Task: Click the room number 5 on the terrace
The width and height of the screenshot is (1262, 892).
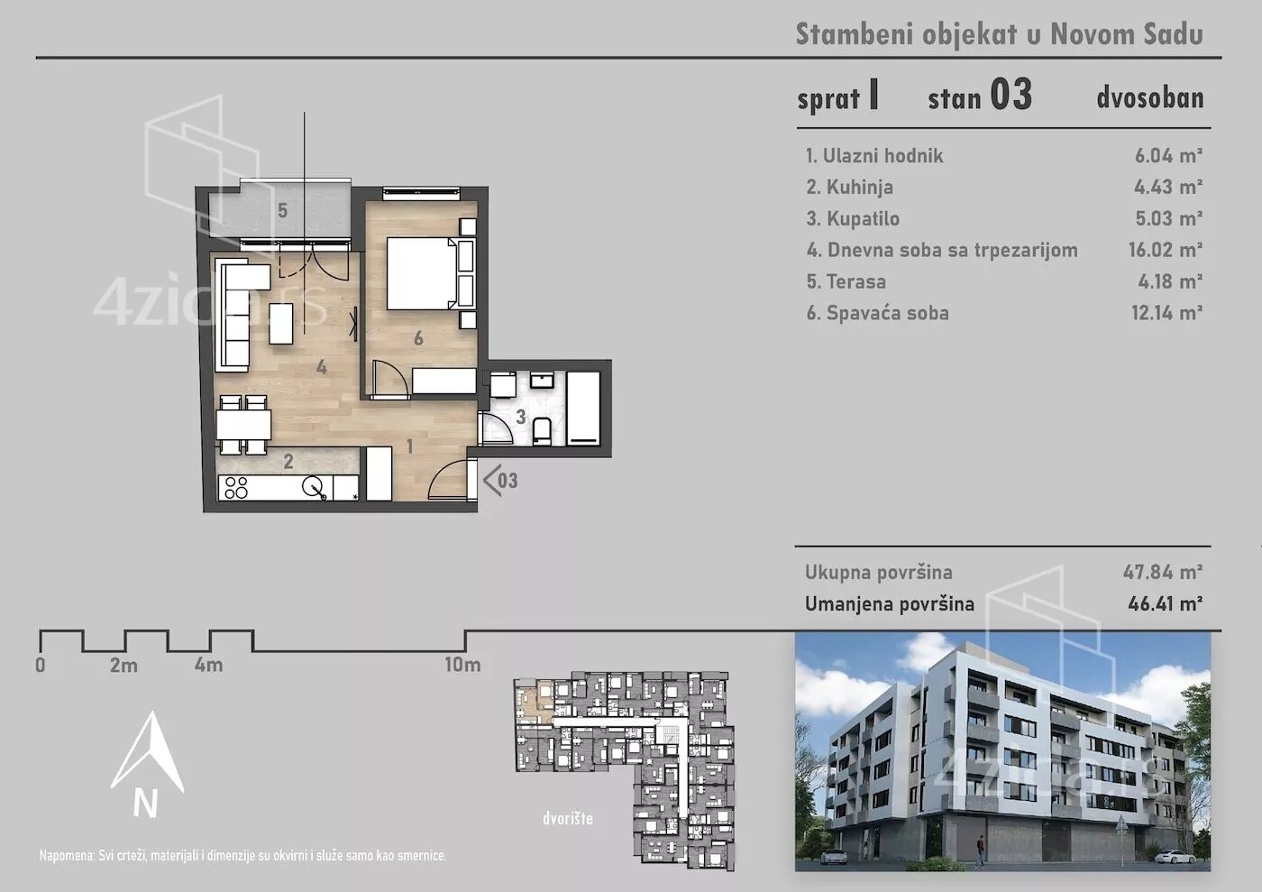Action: (283, 211)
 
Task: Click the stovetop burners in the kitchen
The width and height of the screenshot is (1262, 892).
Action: (236, 488)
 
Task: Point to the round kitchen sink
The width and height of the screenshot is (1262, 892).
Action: (313, 487)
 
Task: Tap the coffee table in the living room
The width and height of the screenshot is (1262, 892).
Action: (281, 324)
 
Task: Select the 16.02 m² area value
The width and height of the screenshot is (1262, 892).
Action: (1165, 250)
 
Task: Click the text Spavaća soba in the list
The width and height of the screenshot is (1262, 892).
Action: (887, 313)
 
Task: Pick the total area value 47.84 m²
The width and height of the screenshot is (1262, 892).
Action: (1162, 573)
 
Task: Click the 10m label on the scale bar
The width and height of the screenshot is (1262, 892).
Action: (462, 665)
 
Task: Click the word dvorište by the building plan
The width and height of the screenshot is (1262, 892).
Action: (568, 818)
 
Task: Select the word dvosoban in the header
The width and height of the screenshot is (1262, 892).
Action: (1150, 98)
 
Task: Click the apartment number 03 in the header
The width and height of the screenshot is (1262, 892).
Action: (1011, 95)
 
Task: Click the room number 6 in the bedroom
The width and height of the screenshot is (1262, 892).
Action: (418, 338)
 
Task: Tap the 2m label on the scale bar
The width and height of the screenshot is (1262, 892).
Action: (124, 666)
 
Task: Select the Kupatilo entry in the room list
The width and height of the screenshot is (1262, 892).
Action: (853, 219)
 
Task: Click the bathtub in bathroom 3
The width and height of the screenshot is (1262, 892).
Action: (584, 409)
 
